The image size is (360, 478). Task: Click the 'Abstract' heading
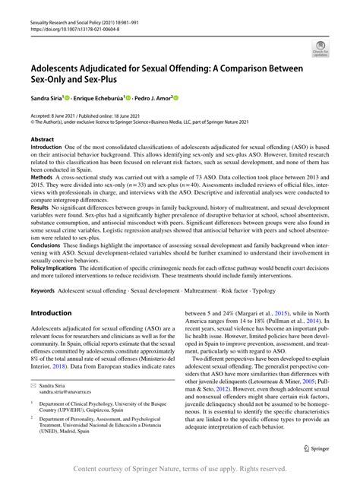[x=43, y=140]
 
